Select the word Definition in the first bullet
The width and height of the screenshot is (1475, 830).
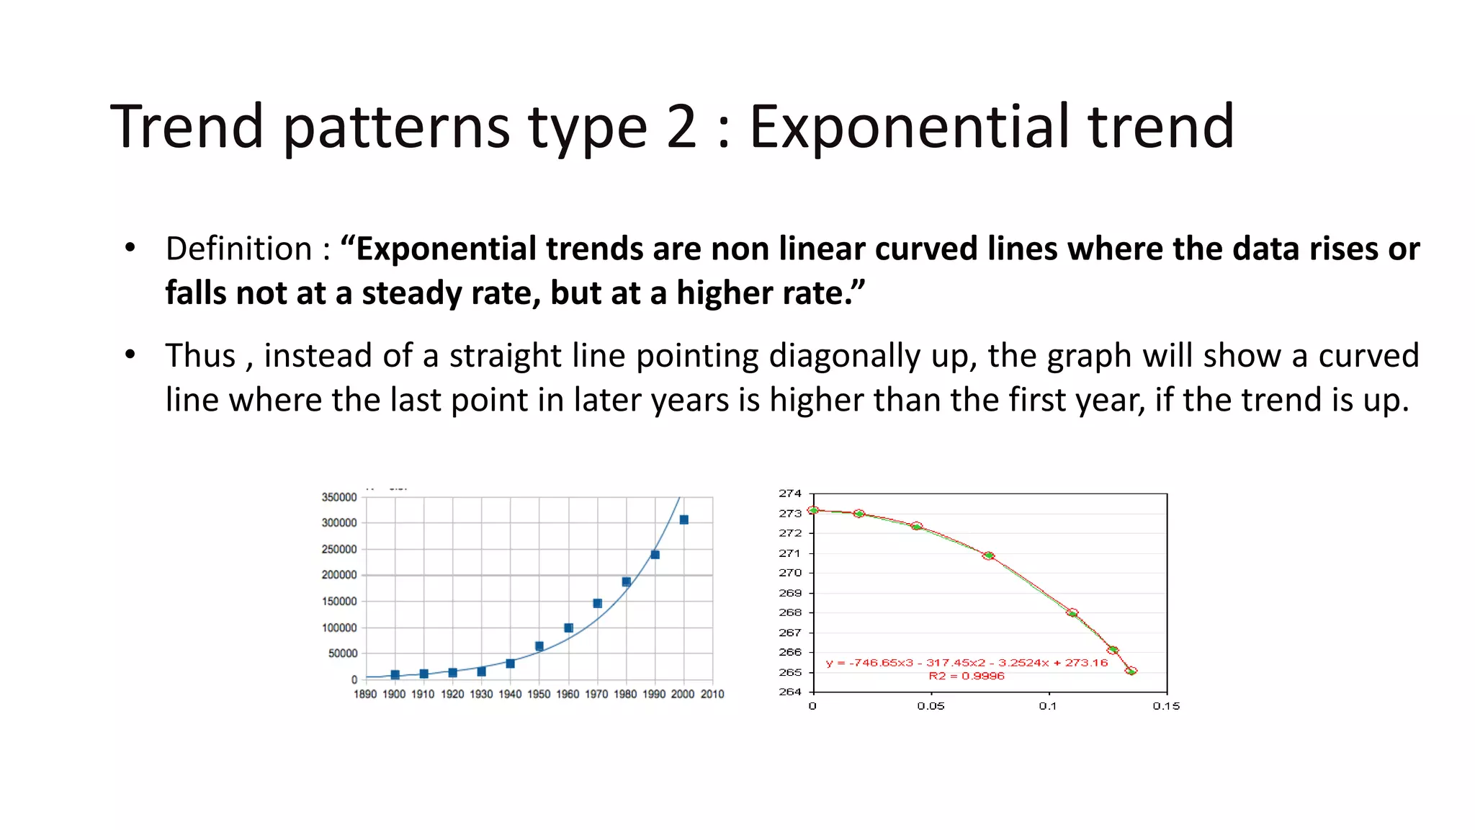(238, 249)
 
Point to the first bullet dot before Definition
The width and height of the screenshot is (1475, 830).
(130, 248)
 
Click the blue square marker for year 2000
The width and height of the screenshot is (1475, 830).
(683, 519)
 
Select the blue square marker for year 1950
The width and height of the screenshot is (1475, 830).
(539, 646)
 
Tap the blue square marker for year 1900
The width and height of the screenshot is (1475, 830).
(395, 675)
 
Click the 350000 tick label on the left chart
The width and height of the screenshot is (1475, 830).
(339, 497)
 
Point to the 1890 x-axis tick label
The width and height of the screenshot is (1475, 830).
(365, 694)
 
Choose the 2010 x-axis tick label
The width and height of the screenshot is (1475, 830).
(712, 694)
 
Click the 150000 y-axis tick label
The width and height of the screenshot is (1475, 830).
(339, 601)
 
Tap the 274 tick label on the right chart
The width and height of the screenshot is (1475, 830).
(790, 494)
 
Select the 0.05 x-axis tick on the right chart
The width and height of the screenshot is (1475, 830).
(931, 706)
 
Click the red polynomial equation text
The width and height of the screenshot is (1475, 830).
(967, 663)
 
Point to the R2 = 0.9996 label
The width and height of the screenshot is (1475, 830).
(967, 676)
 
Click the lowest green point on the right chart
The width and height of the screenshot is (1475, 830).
(1131, 671)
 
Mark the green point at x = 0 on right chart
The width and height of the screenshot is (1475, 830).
(814, 510)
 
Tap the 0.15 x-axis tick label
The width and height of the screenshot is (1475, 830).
(1166, 706)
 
